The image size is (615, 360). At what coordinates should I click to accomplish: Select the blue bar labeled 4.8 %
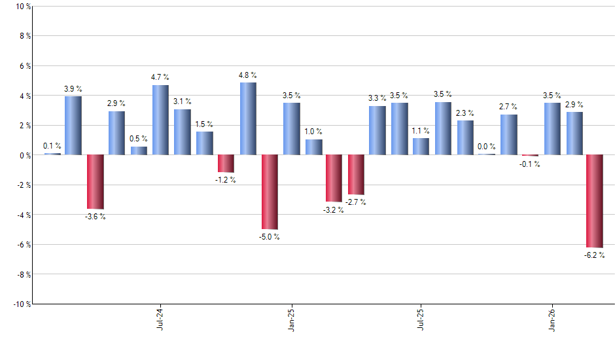click(248, 118)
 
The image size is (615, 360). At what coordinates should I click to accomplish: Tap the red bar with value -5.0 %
click(270, 192)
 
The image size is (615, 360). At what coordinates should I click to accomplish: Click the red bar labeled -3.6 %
click(95, 181)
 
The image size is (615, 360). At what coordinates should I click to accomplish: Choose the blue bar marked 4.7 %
click(160, 120)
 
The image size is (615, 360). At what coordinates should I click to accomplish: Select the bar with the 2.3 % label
click(465, 137)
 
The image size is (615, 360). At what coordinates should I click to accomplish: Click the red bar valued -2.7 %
click(356, 175)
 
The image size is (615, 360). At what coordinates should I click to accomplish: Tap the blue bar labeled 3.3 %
click(378, 130)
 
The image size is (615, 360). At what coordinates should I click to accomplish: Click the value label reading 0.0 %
click(487, 147)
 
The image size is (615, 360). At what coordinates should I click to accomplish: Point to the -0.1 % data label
click(531, 164)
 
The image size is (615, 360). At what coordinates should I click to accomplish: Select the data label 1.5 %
click(204, 124)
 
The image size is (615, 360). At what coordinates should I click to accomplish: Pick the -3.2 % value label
click(334, 210)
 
